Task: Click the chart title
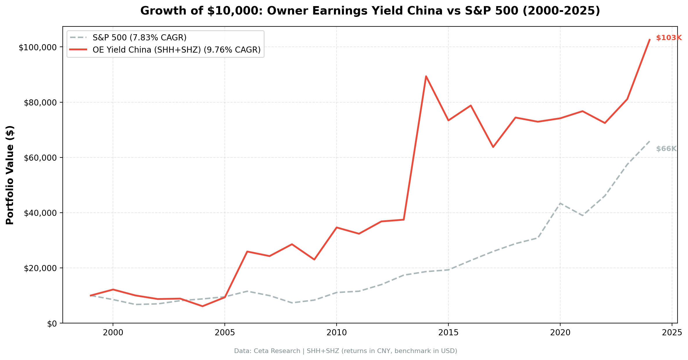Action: (370, 11)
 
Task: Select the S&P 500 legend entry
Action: (139, 37)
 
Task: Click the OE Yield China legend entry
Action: (176, 50)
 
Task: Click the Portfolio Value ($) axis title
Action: (10, 175)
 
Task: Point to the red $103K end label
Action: (669, 38)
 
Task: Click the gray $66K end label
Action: (666, 149)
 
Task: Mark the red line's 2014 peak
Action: (426, 76)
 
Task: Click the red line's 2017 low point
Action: (493, 147)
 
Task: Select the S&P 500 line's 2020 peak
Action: (560, 203)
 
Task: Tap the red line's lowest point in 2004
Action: (202, 306)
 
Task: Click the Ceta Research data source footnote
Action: (345, 351)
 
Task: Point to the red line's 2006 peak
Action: (247, 251)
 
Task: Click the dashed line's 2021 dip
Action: (582, 215)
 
